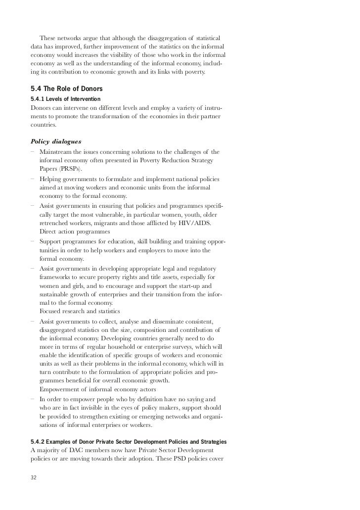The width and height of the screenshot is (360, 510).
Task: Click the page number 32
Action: [x=34, y=478]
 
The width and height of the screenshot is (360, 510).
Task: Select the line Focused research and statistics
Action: [x=79, y=311]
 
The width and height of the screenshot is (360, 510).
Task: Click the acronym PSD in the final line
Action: [x=182, y=459]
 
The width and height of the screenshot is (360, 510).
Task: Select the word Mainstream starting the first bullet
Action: [x=57, y=151]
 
